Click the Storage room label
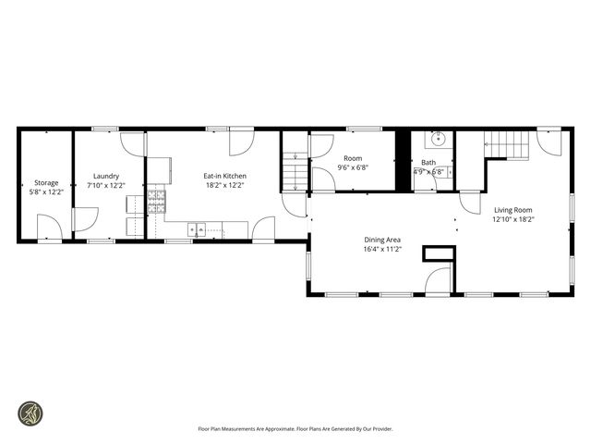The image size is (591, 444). click(x=46, y=183)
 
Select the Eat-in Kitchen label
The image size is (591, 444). click(x=224, y=176)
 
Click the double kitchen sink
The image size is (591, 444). click(x=199, y=228)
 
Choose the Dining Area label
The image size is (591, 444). click(x=381, y=239)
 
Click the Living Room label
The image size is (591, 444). click(x=513, y=210)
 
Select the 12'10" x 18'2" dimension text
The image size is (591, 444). click(x=513, y=220)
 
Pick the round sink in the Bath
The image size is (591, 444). click(x=438, y=140)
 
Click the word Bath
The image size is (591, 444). click(x=428, y=163)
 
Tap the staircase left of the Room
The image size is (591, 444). click(x=295, y=171)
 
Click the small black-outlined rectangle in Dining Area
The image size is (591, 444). click(x=438, y=253)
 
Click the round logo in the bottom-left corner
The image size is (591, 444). click(x=30, y=413)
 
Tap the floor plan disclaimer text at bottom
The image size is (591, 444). click(x=295, y=428)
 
